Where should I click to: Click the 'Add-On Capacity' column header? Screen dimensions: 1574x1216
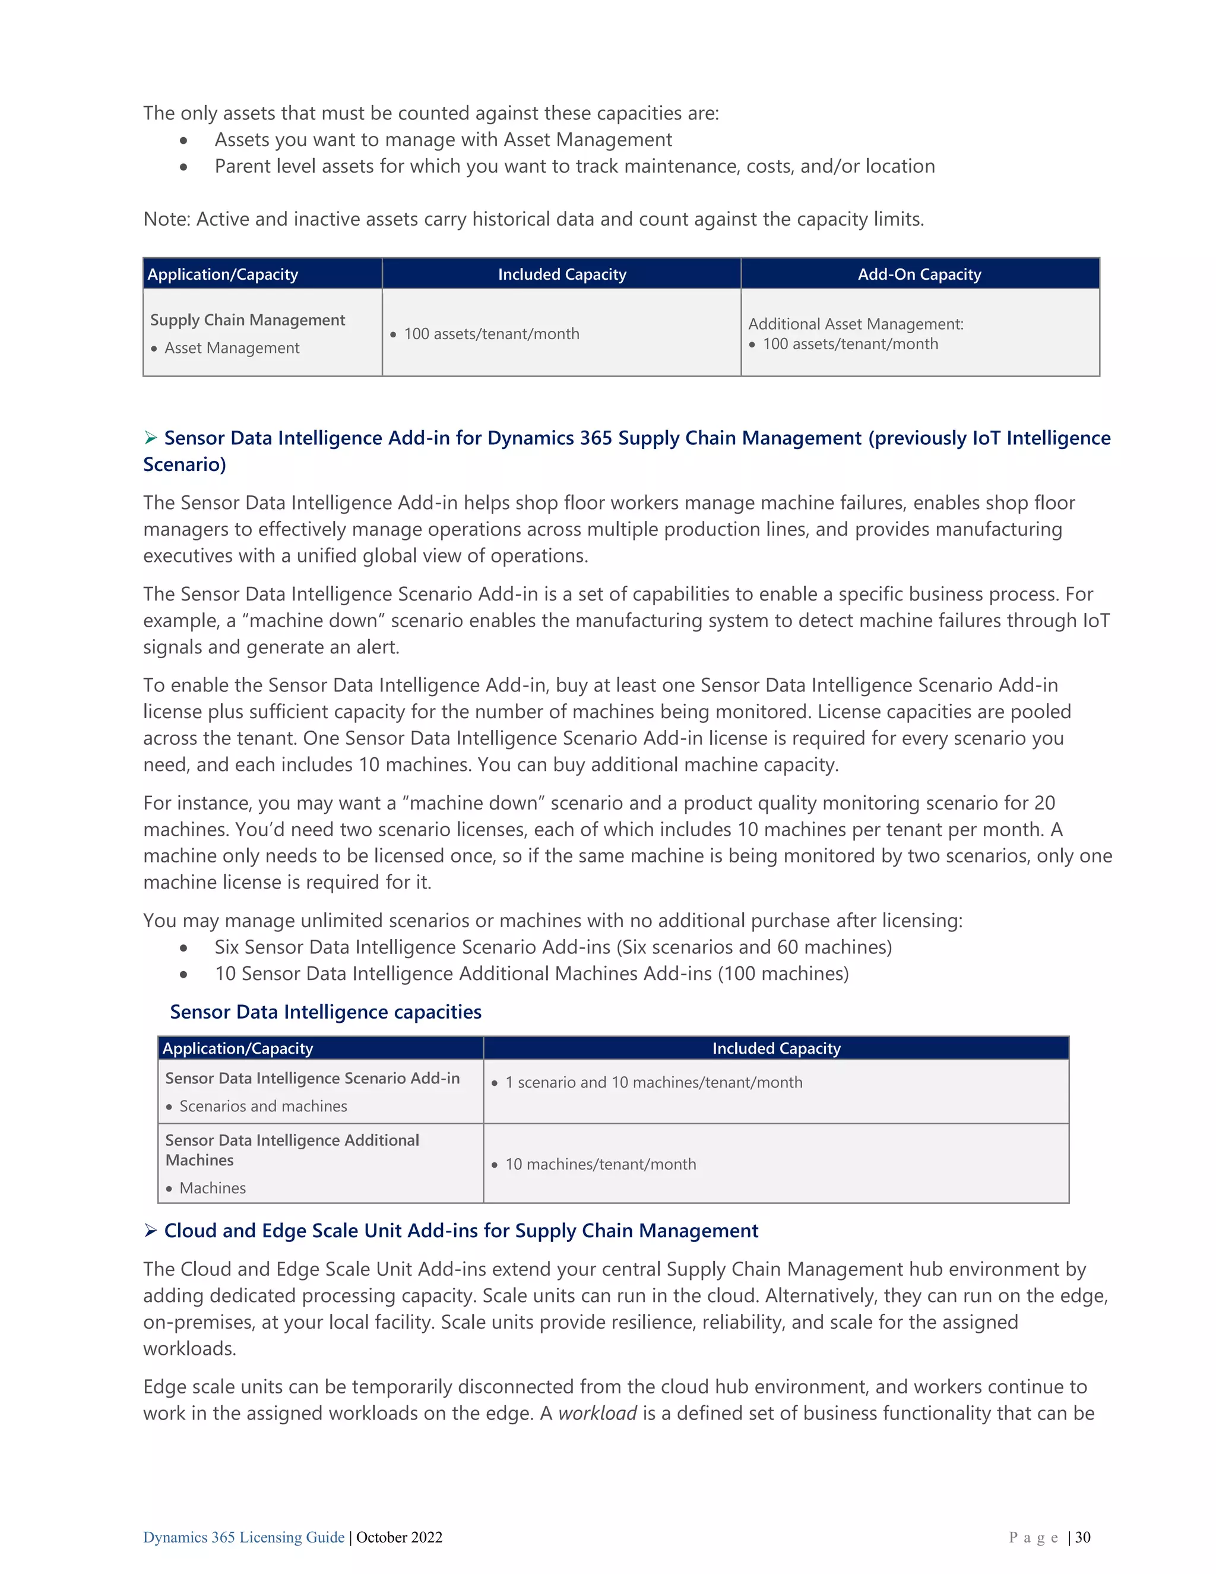point(919,274)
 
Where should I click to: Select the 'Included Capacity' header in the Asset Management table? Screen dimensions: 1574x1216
point(562,274)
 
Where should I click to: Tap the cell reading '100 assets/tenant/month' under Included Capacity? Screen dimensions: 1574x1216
point(491,334)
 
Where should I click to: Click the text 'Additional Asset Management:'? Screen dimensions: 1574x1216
point(856,324)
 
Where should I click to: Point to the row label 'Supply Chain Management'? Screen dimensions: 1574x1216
point(248,320)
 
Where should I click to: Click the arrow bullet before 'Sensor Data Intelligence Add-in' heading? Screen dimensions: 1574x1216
point(151,438)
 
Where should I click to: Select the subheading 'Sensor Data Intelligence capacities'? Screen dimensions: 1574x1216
point(325,1012)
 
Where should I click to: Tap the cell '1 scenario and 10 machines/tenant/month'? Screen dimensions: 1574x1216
point(653,1082)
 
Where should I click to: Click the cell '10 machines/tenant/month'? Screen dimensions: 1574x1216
point(600,1164)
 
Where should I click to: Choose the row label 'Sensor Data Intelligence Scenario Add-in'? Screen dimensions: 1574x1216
point(312,1077)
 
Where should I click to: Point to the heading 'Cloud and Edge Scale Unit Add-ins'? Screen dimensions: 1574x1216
point(461,1230)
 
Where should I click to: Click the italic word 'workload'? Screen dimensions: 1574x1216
point(597,1413)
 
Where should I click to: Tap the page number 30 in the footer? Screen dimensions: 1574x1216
point(1083,1537)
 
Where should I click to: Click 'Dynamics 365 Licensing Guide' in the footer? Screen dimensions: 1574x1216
point(243,1537)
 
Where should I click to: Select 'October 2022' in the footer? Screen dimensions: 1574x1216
point(399,1537)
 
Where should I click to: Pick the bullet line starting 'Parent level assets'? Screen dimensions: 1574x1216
point(574,166)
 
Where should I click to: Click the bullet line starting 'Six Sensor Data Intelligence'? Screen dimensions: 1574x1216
point(553,947)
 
